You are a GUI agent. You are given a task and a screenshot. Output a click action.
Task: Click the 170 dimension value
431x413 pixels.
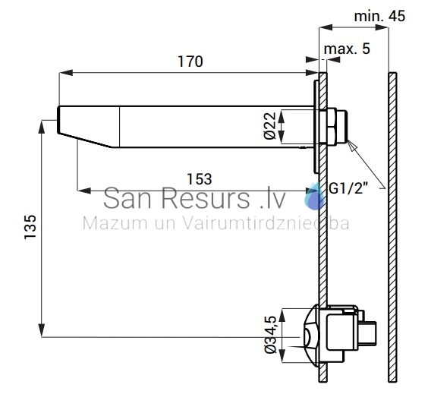(x=190, y=61)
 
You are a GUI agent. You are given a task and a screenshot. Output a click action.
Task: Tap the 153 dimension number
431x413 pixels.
(x=200, y=179)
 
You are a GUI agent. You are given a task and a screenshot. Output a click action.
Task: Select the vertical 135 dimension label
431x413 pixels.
(x=30, y=227)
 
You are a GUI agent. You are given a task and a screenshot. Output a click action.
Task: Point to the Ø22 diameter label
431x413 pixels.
(x=269, y=126)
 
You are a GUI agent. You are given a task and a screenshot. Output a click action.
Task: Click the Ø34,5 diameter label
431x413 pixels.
(x=270, y=335)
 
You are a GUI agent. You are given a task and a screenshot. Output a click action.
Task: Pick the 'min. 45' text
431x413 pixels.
(x=379, y=16)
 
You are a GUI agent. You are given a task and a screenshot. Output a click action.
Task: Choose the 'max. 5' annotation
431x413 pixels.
(x=347, y=49)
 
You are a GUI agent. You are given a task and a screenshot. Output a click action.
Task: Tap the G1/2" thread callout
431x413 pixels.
(x=348, y=188)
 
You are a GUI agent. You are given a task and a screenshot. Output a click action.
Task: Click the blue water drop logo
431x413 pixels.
(x=314, y=196)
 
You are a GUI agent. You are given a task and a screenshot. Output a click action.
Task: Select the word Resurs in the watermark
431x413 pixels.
(x=205, y=198)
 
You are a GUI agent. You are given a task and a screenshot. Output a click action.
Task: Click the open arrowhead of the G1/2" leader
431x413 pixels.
(x=352, y=145)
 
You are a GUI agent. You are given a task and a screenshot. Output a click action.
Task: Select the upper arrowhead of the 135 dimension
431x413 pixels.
(x=42, y=127)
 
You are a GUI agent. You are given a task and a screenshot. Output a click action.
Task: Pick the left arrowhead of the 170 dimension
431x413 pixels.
(x=66, y=73)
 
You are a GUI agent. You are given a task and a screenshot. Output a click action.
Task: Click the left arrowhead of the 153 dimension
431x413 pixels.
(x=84, y=191)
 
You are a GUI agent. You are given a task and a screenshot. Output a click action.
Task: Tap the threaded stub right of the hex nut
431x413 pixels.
(x=341, y=126)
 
